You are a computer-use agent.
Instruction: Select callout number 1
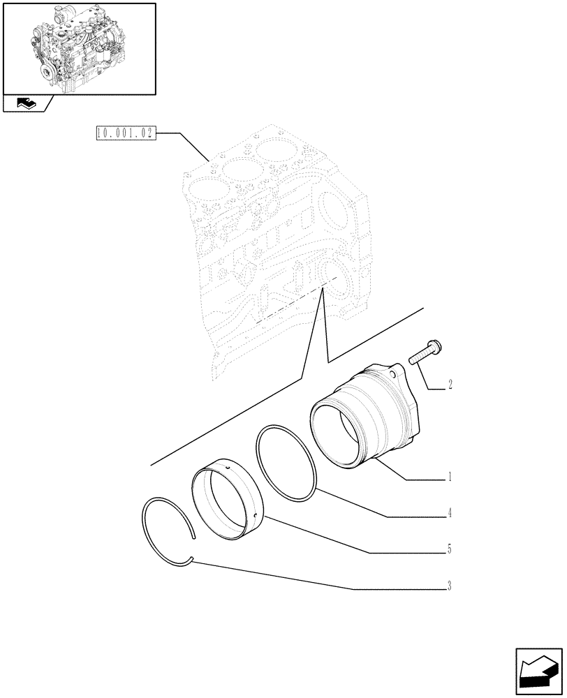coord(450,478)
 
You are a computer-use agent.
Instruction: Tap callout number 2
coord(450,384)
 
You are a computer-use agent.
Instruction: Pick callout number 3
coord(450,587)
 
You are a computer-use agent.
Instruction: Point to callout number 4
coord(450,514)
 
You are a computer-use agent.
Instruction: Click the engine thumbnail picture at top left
coord(78,48)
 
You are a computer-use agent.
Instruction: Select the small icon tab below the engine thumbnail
coord(27,105)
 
